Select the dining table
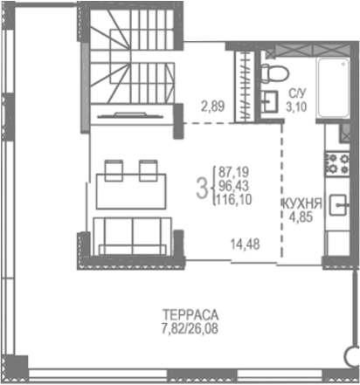coord(131,189)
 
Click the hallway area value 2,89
coord(212,107)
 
